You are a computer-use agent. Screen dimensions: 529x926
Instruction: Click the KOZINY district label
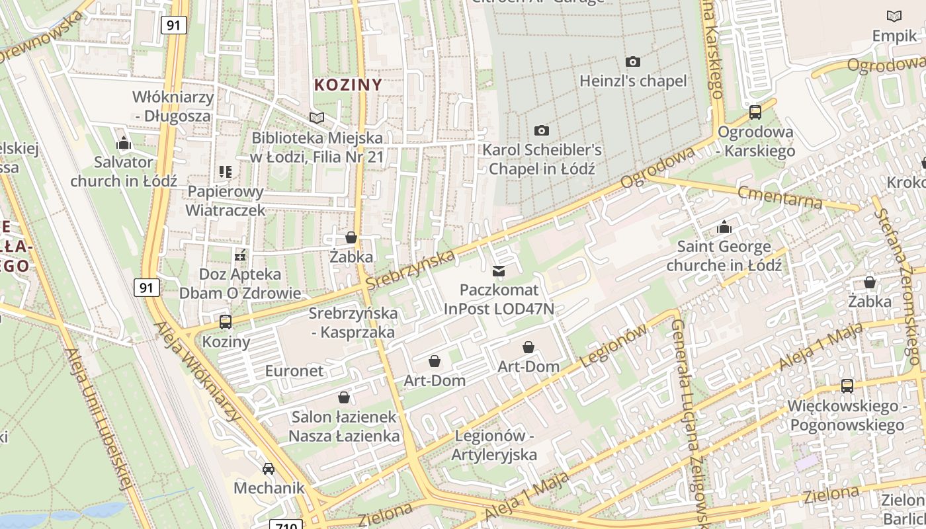point(348,85)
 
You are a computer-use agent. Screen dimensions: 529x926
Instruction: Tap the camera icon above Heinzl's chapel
point(632,62)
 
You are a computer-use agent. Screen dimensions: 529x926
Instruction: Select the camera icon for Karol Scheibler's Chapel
point(542,131)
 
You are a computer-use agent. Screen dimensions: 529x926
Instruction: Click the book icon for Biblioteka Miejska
point(317,118)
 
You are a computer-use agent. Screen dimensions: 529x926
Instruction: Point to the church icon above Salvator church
point(123,143)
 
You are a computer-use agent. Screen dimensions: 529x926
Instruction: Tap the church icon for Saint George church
point(724,227)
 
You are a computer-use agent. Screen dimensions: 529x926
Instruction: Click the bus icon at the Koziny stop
point(226,322)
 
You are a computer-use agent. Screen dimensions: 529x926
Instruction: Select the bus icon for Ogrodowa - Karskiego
point(755,112)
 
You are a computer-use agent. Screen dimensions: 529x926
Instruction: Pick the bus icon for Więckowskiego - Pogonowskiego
point(847,386)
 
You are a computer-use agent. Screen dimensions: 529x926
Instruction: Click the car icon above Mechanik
point(269,469)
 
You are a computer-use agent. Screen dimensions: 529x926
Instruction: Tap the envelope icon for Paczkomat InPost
point(498,270)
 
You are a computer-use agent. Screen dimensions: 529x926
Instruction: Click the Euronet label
point(294,371)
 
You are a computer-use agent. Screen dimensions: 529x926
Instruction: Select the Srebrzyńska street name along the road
point(410,269)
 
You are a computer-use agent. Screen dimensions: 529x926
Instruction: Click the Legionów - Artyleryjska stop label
point(494,446)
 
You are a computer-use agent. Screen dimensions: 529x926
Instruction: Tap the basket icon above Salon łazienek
point(344,397)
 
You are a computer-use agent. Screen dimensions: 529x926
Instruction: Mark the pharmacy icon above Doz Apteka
point(240,255)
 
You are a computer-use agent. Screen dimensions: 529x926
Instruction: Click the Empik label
point(894,36)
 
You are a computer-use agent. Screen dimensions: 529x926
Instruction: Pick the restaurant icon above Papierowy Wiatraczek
point(226,172)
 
